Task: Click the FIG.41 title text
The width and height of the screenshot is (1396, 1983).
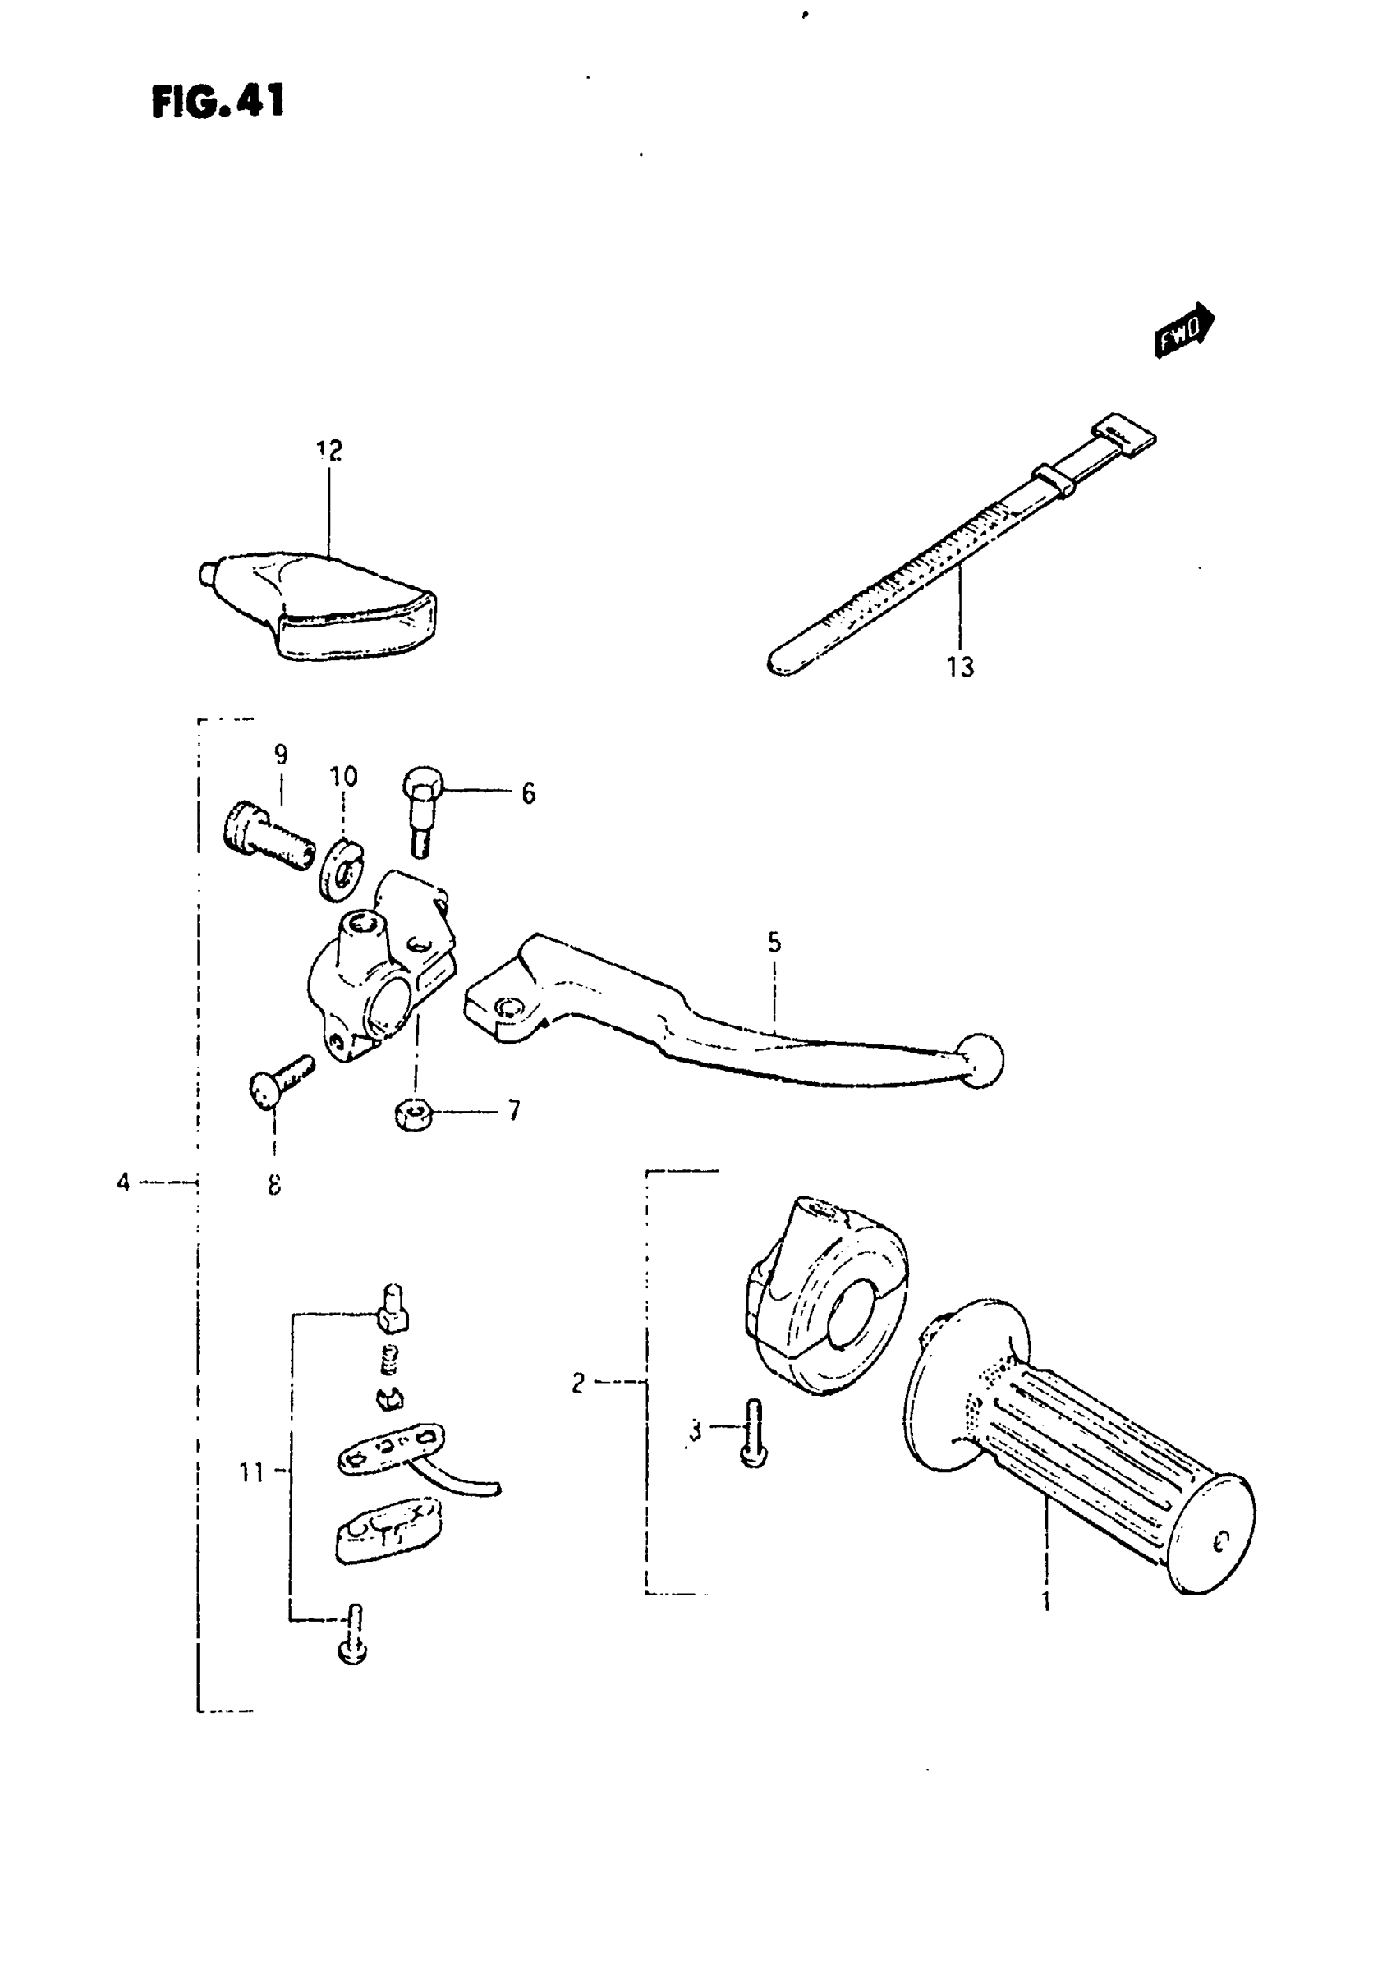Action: point(218,102)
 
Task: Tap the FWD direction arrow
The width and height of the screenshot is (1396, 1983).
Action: point(1184,329)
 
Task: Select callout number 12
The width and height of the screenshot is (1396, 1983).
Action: point(329,450)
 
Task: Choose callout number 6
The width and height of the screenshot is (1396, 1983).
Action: point(528,793)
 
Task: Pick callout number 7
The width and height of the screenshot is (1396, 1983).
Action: point(514,1110)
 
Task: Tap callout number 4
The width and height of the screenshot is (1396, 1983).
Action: point(123,1182)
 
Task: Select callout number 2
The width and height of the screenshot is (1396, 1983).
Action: point(578,1383)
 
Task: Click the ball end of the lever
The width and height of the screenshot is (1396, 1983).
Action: point(980,1060)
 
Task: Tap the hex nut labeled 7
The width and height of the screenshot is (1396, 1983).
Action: point(414,1115)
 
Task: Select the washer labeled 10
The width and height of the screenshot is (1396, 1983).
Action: point(344,870)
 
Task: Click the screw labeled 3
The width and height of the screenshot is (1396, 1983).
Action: point(753,1434)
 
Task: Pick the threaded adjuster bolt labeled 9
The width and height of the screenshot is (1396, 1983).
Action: point(265,836)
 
